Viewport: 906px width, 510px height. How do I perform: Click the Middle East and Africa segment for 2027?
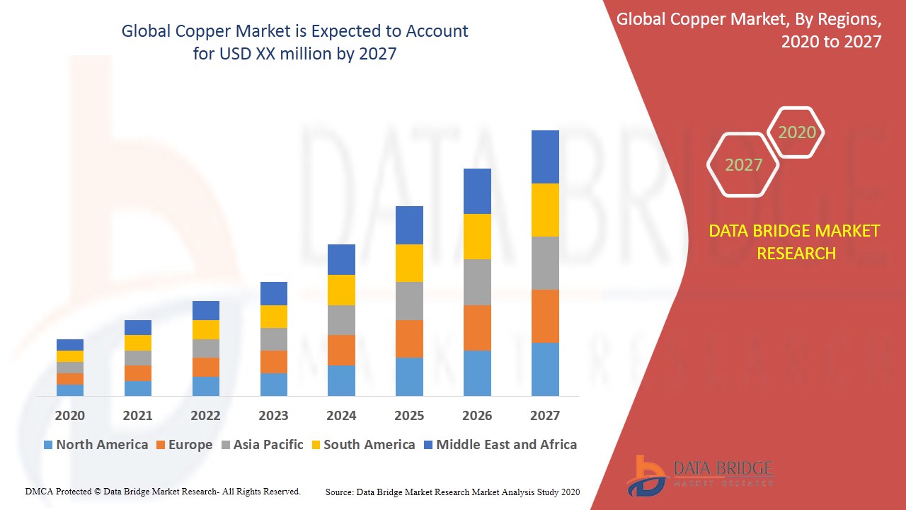(545, 157)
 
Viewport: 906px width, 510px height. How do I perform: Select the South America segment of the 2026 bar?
(477, 237)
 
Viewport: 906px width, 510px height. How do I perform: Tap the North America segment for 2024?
(341, 380)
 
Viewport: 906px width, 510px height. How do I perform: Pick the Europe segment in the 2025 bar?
(409, 339)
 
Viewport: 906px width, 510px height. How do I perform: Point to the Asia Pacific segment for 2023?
(274, 339)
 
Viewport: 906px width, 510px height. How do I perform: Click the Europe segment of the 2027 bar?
(545, 316)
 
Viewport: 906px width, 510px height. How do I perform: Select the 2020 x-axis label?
(70, 416)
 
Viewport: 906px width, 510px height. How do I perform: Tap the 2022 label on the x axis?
(205, 416)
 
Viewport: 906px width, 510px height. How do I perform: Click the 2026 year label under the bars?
(477, 416)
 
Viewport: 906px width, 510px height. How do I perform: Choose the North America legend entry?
(96, 445)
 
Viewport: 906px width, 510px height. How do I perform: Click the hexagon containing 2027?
(743, 165)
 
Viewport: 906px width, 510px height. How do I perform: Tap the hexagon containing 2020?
(796, 132)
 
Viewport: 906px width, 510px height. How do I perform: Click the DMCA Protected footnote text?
(163, 491)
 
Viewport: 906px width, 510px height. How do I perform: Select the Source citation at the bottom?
(452, 492)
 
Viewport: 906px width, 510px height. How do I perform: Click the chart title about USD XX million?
(294, 42)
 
